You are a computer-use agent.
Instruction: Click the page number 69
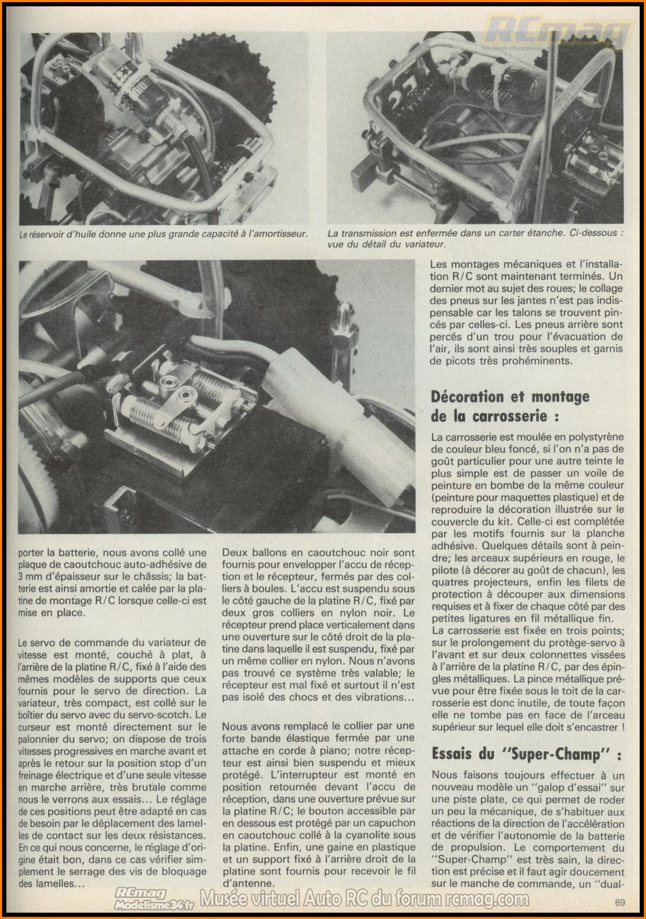point(620,903)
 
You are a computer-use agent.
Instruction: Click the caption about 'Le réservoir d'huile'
point(163,233)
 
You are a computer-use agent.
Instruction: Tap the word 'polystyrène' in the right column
point(590,437)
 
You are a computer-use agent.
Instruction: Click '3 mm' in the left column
point(32,576)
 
